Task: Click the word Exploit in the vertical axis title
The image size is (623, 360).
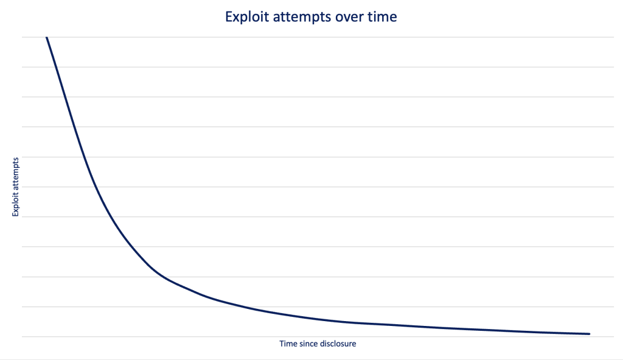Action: click(x=15, y=204)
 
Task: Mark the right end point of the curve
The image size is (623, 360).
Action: click(x=590, y=334)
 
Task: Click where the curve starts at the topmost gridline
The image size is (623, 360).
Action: click(x=46, y=37)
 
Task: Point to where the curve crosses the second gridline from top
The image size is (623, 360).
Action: click(x=56, y=67)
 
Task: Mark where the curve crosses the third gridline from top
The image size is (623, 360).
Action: click(x=65, y=97)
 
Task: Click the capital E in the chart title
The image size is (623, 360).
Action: click(x=229, y=16)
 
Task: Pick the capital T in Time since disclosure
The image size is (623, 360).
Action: click(x=282, y=344)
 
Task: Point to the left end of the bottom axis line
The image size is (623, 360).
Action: click(x=23, y=337)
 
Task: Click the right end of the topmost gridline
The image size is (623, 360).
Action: click(x=614, y=37)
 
